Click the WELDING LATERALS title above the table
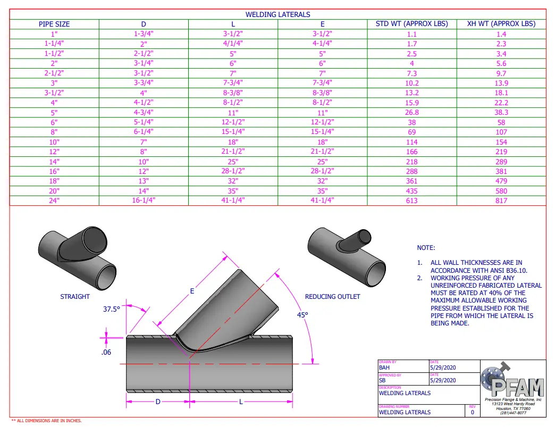tap(277, 14)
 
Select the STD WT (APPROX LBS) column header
tap(411, 24)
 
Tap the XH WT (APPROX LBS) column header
tap(501, 24)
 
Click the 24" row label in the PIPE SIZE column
tap(54, 200)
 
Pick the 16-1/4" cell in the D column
tap(144, 200)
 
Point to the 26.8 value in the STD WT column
tap(411, 112)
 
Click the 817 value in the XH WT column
tap(501, 200)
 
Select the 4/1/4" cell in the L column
tap(233, 44)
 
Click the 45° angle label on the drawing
tap(302, 315)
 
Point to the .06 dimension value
tap(106, 352)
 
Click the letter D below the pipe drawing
tap(158, 401)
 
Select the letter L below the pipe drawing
tap(240, 401)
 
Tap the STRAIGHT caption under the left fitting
tap(75, 296)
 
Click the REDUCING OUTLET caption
tap(332, 296)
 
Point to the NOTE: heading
tap(426, 248)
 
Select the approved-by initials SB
tap(382, 380)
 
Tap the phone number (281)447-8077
tap(513, 412)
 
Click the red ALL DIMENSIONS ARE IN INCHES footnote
tap(46, 421)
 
